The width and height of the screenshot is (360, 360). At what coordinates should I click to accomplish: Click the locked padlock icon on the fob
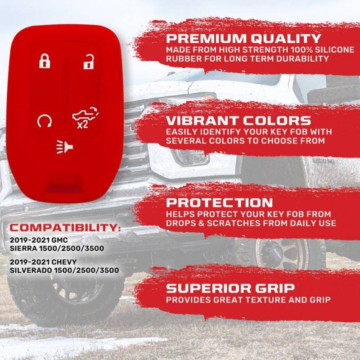click(x=45, y=61)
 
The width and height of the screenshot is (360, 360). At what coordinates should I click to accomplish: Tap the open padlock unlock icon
click(x=89, y=62)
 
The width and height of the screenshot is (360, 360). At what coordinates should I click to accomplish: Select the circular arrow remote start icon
click(x=45, y=121)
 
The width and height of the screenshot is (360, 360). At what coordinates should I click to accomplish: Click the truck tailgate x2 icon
click(x=85, y=117)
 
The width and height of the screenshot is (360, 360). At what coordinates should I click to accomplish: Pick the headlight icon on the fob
click(x=64, y=147)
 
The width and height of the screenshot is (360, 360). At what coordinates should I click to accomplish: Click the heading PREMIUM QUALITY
click(x=243, y=38)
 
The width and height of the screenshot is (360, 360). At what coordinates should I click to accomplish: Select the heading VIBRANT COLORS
click(x=238, y=121)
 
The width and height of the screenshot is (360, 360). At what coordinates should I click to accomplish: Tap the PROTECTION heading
click(x=219, y=202)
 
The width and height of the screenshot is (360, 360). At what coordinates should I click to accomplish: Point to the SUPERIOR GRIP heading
click(x=230, y=288)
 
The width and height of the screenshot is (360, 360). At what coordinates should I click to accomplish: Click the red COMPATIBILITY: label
click(x=65, y=228)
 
